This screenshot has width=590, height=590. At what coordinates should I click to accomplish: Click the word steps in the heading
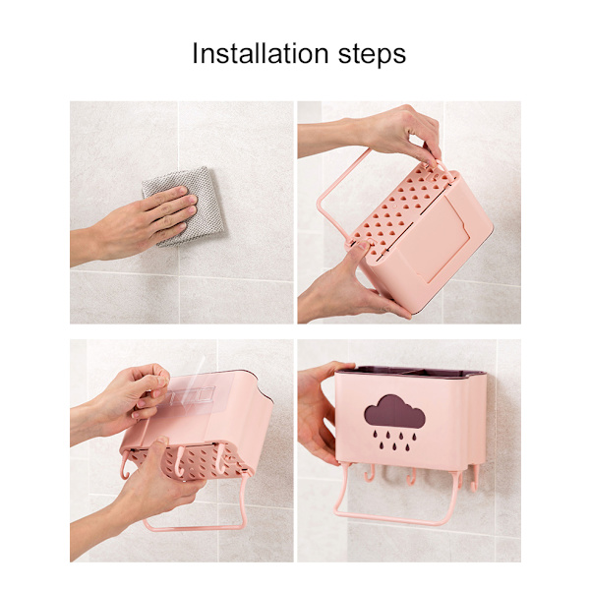[372, 55]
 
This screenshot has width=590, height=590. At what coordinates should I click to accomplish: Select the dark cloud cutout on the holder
[394, 411]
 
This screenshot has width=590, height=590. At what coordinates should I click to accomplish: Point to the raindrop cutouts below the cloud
[394, 441]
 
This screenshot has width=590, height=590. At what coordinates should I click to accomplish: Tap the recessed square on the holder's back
[433, 241]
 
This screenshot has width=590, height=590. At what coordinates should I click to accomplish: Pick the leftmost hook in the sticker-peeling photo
[125, 466]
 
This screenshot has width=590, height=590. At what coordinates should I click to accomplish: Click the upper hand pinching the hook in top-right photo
[377, 132]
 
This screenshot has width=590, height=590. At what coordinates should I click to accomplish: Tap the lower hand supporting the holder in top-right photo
[346, 286]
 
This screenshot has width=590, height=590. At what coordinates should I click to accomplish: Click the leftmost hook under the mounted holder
[370, 473]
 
